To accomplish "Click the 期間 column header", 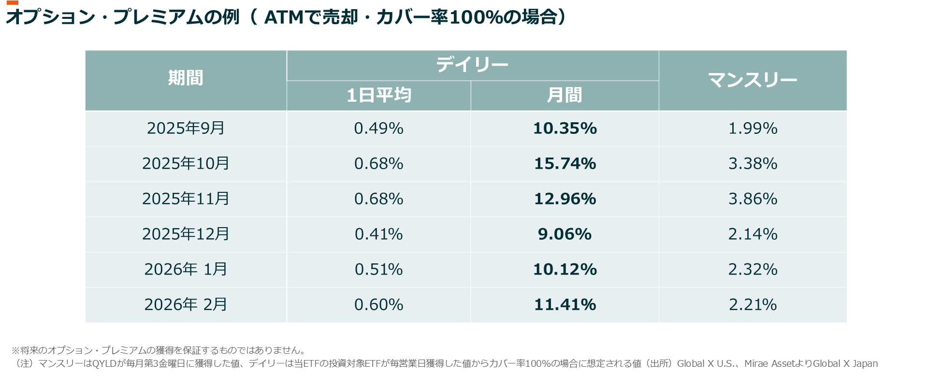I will (186, 78).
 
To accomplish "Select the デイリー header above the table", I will (472, 65).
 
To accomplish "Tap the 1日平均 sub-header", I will (378, 95).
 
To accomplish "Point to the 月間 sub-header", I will (564, 95).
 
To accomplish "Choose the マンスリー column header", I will (752, 80).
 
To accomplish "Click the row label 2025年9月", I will (186, 128).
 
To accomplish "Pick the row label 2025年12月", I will (186, 234).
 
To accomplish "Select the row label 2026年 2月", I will (186, 304).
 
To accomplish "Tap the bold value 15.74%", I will (565, 164).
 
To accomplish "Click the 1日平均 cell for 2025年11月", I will (378, 199).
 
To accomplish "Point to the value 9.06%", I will (565, 234).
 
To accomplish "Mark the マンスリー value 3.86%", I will (753, 199).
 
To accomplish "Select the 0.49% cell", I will (378, 128).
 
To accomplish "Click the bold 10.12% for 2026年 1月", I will (565, 269).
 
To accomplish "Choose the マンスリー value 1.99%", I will (753, 128).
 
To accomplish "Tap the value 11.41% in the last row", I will (565, 304).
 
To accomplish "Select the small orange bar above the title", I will (13, 3).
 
